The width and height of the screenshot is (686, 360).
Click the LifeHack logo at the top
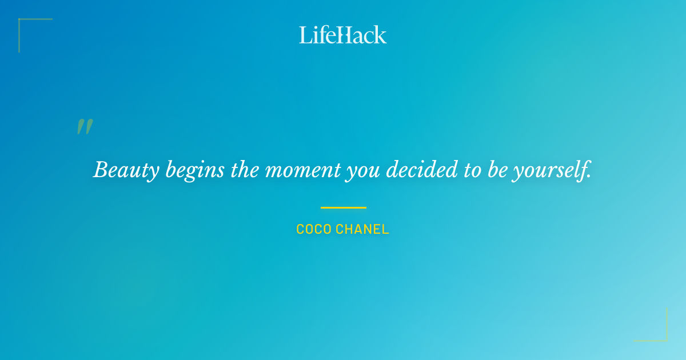point(343,35)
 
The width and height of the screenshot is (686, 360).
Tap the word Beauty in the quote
point(126,170)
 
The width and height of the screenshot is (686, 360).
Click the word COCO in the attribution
point(313,230)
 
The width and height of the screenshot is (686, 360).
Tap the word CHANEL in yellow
point(362,230)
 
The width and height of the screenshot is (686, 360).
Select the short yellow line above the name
point(343,207)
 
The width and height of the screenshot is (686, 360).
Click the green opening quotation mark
point(85,127)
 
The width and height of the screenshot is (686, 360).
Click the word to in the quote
point(473,170)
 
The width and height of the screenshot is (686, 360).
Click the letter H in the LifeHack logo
point(344,35)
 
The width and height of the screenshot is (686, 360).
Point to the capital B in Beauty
point(101,170)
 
